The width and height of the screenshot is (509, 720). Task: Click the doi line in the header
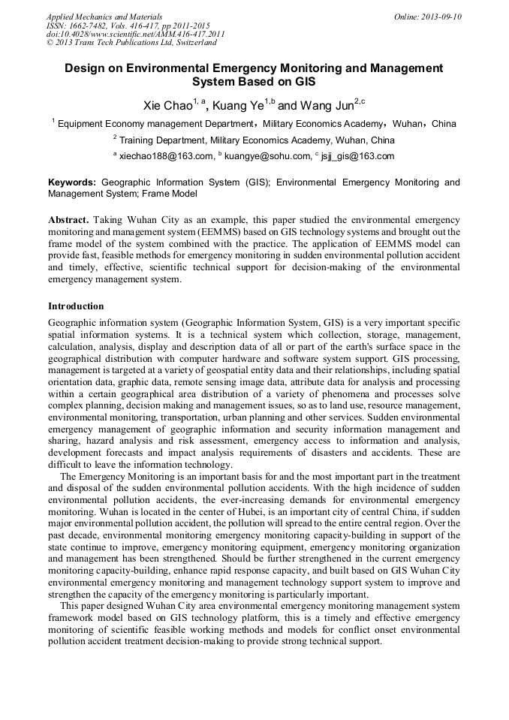pos(135,34)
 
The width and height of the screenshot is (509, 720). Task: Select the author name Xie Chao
pos(167,105)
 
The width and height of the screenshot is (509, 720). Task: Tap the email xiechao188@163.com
pos(166,156)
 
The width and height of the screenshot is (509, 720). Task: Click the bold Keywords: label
pos(72,182)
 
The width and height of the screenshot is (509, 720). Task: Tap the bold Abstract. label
pos(69,220)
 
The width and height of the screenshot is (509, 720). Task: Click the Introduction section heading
pos(76,306)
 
